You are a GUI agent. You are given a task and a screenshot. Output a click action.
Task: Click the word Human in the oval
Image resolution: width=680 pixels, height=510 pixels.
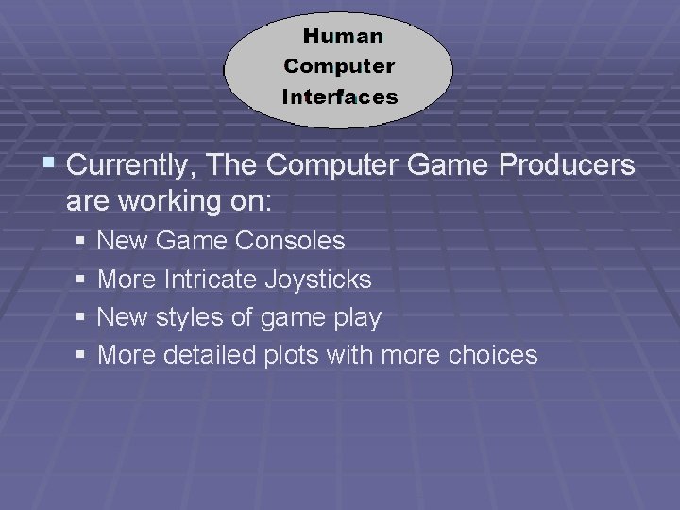(343, 37)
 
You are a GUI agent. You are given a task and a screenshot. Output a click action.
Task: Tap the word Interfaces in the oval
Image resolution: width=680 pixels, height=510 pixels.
(340, 97)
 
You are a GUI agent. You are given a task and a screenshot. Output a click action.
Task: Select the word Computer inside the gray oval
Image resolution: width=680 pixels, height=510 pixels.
(339, 67)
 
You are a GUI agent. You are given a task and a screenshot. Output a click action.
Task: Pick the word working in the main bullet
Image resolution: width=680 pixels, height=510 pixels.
(174, 202)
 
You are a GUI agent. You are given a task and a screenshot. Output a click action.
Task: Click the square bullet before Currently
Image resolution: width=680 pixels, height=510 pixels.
(49, 164)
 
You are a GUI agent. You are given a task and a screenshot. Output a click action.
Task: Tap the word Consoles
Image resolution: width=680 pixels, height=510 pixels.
(290, 242)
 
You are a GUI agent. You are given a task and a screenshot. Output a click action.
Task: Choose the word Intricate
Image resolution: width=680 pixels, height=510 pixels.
(210, 280)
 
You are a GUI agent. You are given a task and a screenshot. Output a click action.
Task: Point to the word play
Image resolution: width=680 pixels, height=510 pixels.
(356, 319)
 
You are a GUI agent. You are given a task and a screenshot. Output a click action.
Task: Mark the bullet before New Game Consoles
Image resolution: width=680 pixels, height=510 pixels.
(81, 242)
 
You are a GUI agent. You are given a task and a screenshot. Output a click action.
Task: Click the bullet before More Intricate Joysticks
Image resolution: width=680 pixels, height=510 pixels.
(81, 280)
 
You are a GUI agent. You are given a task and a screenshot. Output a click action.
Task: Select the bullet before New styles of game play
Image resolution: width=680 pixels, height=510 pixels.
(81, 317)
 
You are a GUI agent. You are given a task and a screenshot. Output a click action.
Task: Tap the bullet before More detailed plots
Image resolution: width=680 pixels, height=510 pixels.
(81, 355)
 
